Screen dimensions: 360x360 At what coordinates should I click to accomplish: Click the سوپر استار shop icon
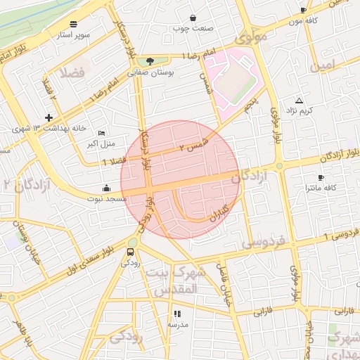[74, 23]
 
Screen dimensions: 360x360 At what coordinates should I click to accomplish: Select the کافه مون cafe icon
[303, 11]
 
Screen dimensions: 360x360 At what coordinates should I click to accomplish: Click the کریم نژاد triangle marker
[300, 101]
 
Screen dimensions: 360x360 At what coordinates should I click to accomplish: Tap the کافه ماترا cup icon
[321, 178]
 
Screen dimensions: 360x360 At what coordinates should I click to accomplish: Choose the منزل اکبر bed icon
[102, 133]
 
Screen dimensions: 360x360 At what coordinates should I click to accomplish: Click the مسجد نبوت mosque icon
[106, 188]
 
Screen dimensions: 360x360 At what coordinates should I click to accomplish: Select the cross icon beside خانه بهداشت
[48, 117]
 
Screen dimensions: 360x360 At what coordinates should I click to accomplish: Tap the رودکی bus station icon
[131, 252]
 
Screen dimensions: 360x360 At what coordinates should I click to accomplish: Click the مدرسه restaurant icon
[177, 314]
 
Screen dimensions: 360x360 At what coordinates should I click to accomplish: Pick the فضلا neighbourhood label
[72, 72]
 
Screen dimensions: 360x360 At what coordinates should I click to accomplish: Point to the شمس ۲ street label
[195, 145]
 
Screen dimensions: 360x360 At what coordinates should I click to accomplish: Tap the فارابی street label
[343, 310]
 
